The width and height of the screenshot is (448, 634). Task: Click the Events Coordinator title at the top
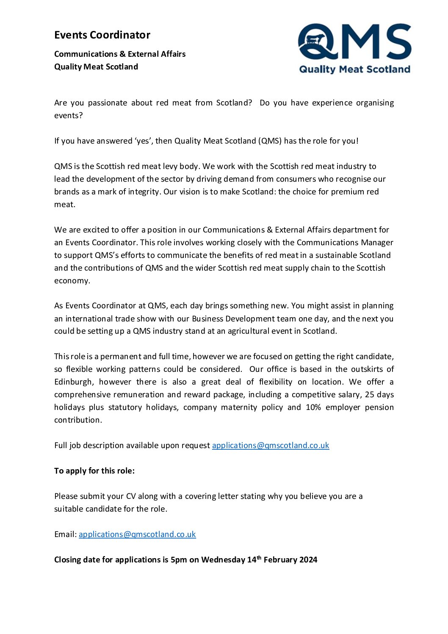tap(102, 35)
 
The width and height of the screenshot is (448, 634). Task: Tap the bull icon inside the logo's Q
tap(314, 41)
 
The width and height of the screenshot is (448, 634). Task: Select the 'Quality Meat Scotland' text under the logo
tap(355, 69)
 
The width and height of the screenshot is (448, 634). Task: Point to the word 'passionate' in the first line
tap(107, 102)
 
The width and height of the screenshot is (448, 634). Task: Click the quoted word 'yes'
tap(142, 141)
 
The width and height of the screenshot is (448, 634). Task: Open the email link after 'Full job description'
tap(271, 445)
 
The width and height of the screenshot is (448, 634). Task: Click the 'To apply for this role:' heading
tap(94, 471)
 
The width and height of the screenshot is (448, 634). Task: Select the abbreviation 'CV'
tap(131, 496)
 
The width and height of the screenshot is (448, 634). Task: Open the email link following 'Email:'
tap(137, 534)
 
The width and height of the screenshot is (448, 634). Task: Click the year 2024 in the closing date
tap(308, 559)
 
